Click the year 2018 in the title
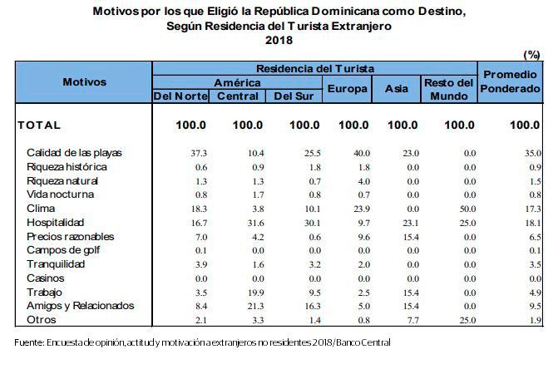(x=279, y=39)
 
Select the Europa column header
(x=348, y=89)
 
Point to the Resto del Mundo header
(x=449, y=89)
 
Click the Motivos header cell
(x=84, y=82)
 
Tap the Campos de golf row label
(x=62, y=249)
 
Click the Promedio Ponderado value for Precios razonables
(x=534, y=236)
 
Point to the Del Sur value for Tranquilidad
(x=312, y=263)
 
